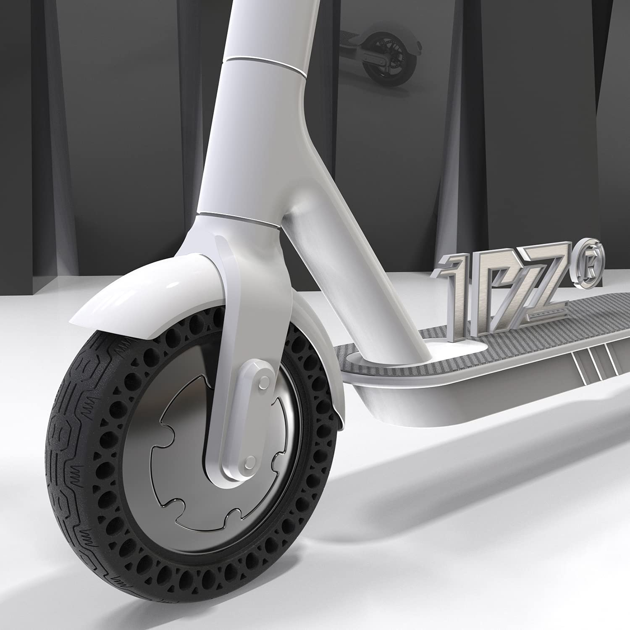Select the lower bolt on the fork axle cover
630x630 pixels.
pyautogui.click(x=249, y=462)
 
